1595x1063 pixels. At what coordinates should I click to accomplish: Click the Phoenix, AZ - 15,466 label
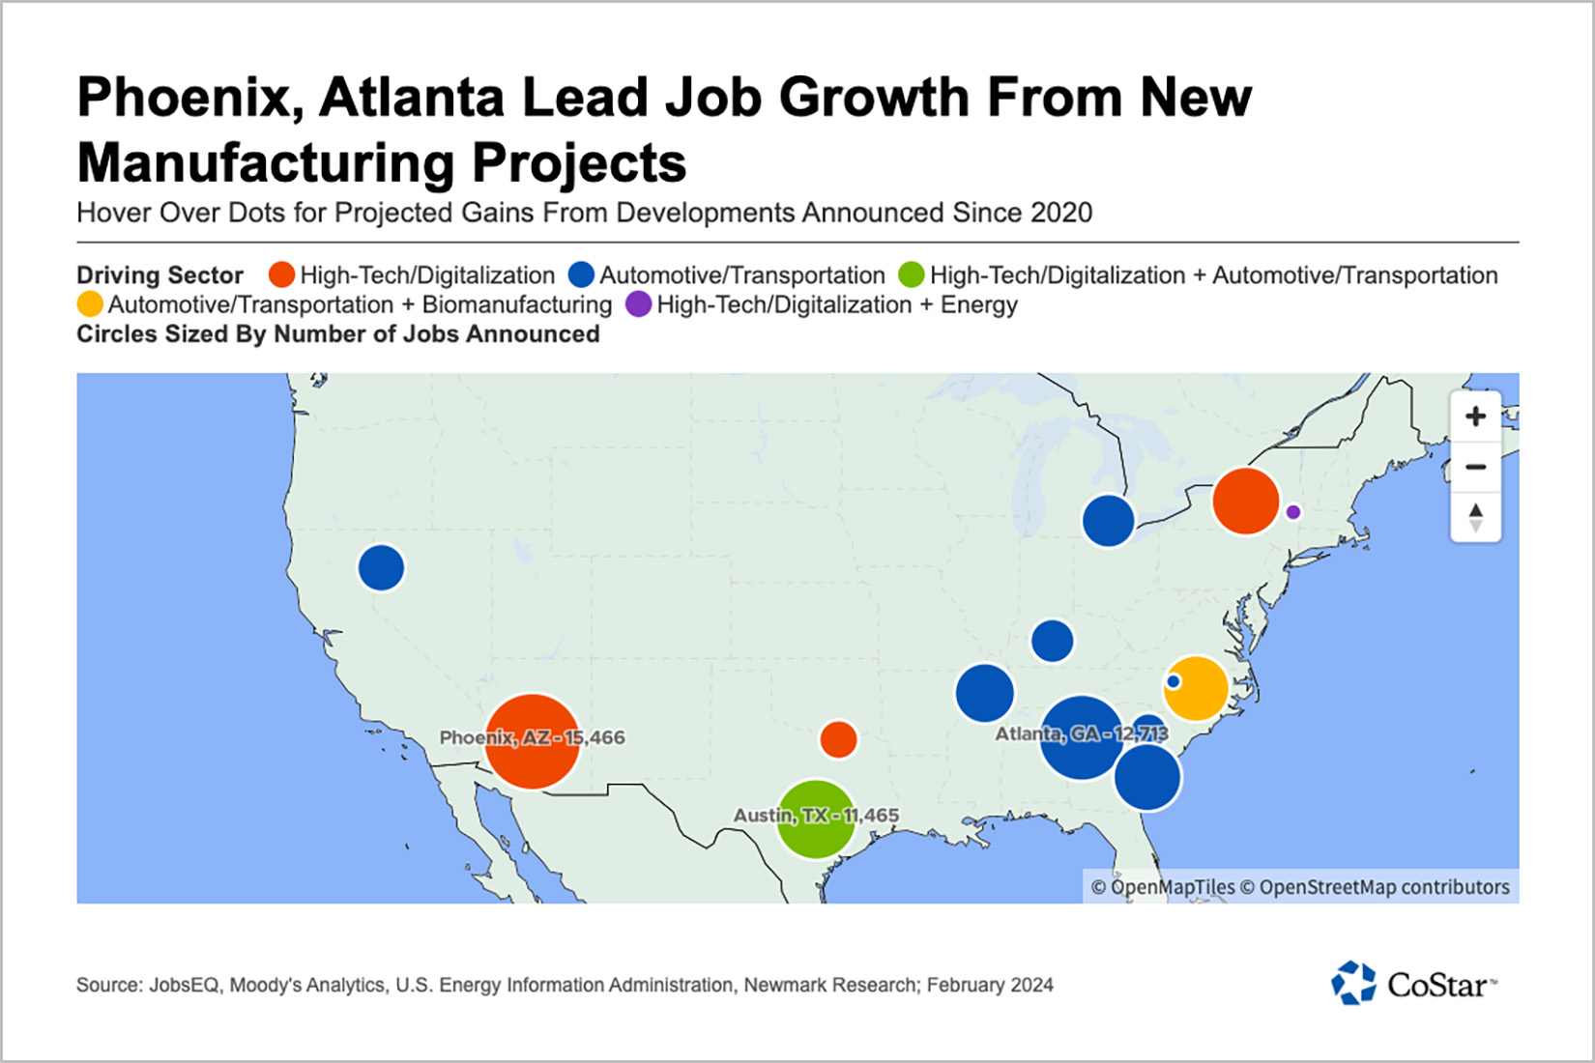[532, 737]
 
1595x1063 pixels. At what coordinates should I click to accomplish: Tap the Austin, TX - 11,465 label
[816, 816]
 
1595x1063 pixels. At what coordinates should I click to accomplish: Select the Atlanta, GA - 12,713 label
[1082, 733]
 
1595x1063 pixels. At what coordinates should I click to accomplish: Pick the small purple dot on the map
[1292, 512]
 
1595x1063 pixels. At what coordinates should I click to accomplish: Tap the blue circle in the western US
[381, 568]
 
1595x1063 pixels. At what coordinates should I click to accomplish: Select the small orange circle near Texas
[838, 739]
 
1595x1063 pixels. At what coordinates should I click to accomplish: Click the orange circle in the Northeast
[1245, 501]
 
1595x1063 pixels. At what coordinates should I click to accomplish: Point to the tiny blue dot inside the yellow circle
[1174, 681]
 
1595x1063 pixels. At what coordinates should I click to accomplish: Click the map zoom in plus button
[1475, 417]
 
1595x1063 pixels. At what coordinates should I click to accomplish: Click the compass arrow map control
[1475, 516]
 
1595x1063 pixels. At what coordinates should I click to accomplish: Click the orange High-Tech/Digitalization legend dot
[281, 275]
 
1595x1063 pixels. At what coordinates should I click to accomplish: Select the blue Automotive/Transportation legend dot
[581, 275]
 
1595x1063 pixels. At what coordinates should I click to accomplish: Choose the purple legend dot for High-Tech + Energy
[639, 304]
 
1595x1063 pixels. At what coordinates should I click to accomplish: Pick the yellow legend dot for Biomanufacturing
[90, 304]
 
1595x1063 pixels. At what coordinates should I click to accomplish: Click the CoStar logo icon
[1353, 984]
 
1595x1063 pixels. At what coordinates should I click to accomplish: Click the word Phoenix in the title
[189, 98]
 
